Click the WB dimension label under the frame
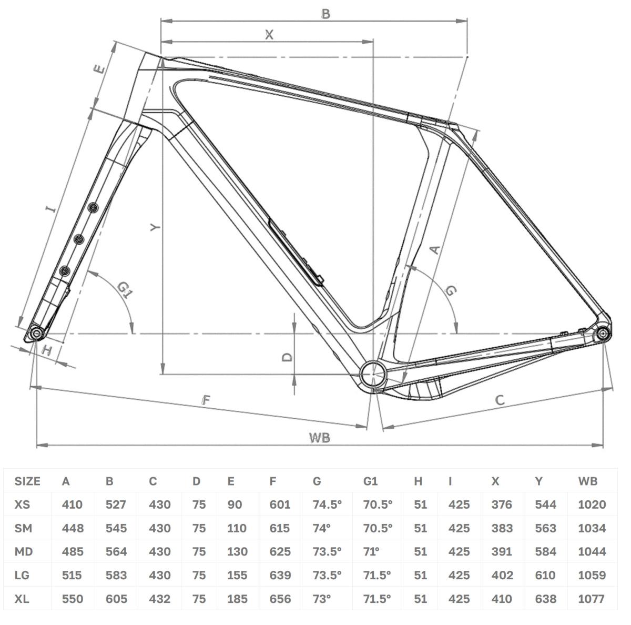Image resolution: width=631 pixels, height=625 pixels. tap(320, 438)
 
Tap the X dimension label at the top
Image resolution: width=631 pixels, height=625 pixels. tap(269, 34)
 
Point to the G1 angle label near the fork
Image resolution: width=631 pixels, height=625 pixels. tap(125, 290)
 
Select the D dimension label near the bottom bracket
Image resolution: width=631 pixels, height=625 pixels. tap(287, 357)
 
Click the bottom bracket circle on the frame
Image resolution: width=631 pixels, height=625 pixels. tap(374, 374)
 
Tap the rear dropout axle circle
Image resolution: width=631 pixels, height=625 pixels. tap(602, 334)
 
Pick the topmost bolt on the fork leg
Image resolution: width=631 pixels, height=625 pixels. tap(94, 207)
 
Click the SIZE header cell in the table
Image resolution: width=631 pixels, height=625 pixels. tap(27, 481)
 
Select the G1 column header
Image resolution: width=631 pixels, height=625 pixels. tap(370, 481)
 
